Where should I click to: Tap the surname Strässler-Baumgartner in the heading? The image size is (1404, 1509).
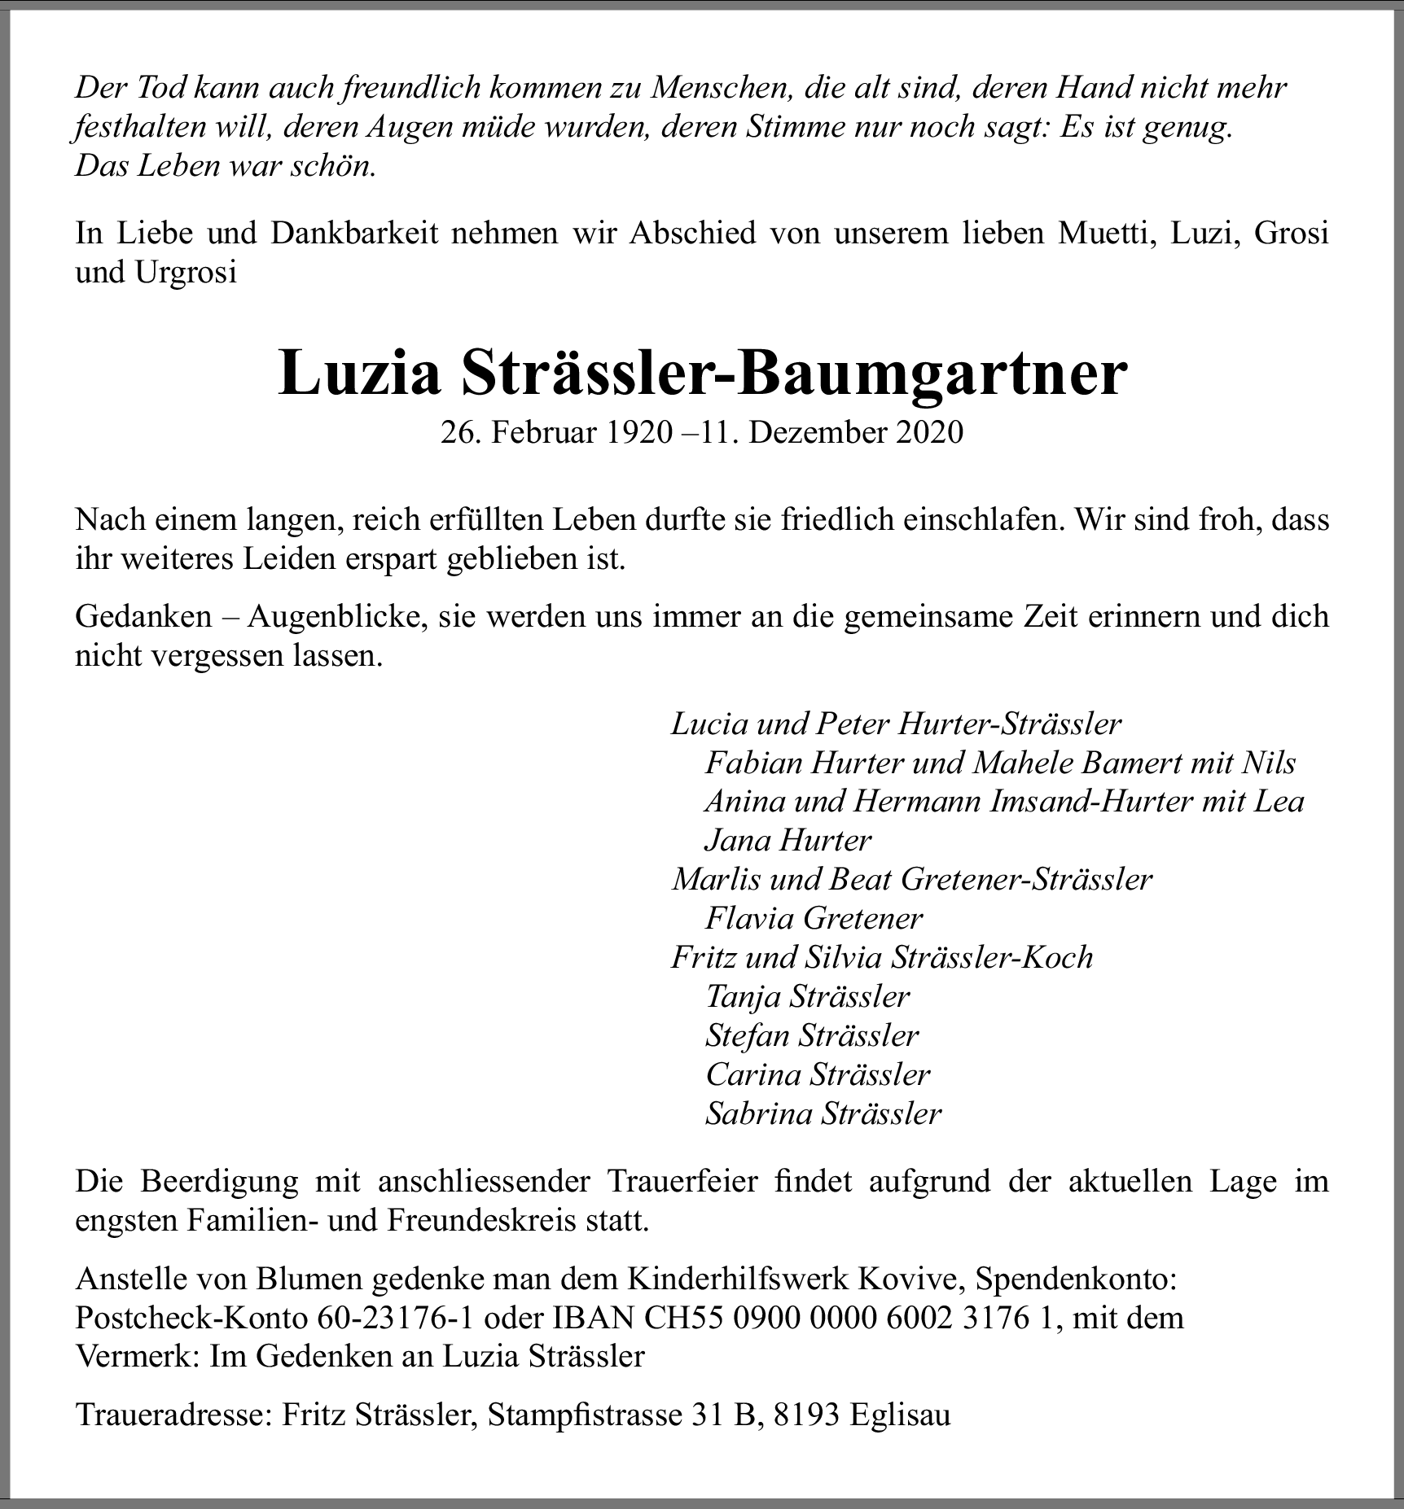pyautogui.click(x=794, y=374)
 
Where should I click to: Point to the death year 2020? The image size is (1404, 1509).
pyautogui.click(x=929, y=433)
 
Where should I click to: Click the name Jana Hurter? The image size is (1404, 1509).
pyautogui.click(x=788, y=840)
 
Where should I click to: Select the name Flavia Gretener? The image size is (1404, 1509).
pyautogui.click(x=814, y=918)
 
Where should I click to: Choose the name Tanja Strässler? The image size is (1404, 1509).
pyautogui.click(x=807, y=996)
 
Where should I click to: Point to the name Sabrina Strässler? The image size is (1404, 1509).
pyautogui.click(x=823, y=1113)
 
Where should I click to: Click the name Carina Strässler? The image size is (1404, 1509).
pyautogui.click(x=818, y=1074)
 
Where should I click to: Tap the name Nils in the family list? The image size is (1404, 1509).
pyautogui.click(x=1269, y=763)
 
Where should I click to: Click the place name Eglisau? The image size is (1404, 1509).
pyautogui.click(x=899, y=1415)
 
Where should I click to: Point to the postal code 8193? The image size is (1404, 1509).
pyautogui.click(x=806, y=1415)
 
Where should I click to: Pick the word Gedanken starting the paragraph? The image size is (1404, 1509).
pyautogui.click(x=143, y=616)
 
